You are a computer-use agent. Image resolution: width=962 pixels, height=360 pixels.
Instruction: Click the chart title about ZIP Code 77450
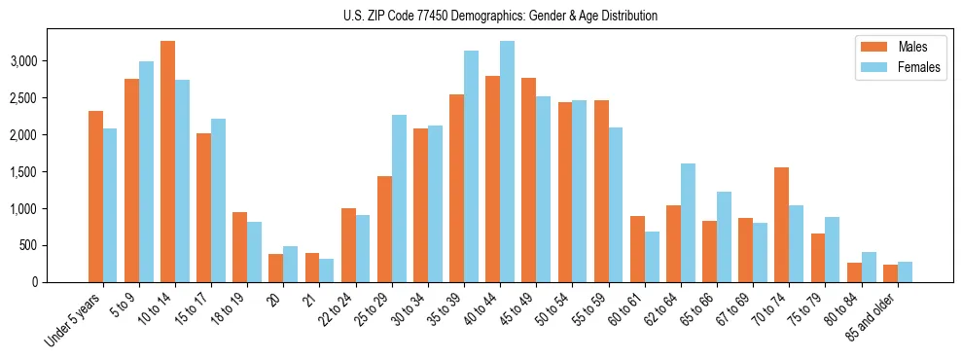[500, 16]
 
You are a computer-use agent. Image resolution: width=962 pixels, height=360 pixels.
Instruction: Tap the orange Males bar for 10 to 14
[167, 162]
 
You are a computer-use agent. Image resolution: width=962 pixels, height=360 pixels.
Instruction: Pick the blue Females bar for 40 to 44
[507, 162]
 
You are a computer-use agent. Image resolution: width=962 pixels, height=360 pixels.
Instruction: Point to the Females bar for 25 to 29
[399, 198]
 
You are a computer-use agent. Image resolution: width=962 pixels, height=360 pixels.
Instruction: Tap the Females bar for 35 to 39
[471, 166]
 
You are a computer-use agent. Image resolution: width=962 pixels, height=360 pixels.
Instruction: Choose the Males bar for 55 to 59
[601, 191]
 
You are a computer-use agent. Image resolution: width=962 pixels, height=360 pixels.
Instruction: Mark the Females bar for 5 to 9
[146, 171]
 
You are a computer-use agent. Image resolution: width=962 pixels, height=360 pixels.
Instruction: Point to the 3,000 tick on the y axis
[50, 61]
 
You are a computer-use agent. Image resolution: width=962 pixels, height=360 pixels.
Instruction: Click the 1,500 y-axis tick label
[50, 172]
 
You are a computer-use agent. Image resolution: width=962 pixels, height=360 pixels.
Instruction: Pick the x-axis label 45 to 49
[522, 310]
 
